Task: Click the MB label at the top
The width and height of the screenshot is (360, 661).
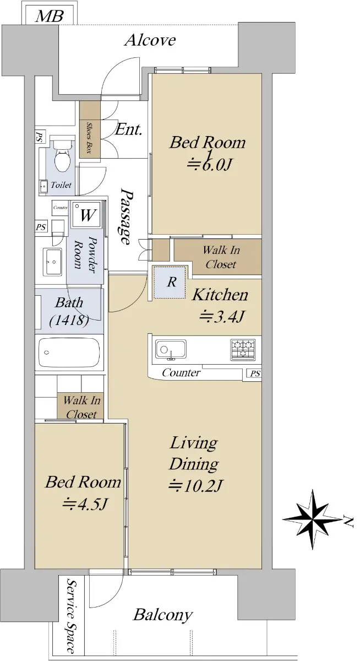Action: pyautogui.click(x=49, y=16)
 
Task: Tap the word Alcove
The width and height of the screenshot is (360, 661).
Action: pyautogui.click(x=150, y=40)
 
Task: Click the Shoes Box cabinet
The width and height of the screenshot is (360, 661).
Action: pyautogui.click(x=90, y=130)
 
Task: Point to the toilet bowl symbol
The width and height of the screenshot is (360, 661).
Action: pyautogui.click(x=63, y=156)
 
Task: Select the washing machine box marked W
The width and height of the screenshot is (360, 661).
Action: pyautogui.click(x=86, y=214)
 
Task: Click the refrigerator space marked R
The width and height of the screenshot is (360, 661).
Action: pyautogui.click(x=171, y=283)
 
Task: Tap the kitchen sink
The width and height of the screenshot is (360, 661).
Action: pyautogui.click(x=171, y=349)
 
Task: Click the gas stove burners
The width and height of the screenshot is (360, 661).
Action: pyautogui.click(x=243, y=349)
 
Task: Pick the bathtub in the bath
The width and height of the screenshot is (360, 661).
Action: pyautogui.click(x=69, y=353)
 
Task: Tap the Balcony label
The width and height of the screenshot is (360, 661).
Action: pyautogui.click(x=163, y=614)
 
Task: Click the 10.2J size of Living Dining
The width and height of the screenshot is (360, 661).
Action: pyautogui.click(x=195, y=485)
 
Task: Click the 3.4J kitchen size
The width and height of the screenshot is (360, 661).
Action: pyautogui.click(x=222, y=316)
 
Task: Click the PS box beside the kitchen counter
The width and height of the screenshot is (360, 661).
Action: pyautogui.click(x=254, y=373)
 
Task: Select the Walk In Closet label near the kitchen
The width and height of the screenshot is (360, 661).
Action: pyautogui.click(x=221, y=257)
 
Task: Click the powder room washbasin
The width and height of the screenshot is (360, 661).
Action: pyautogui.click(x=53, y=262)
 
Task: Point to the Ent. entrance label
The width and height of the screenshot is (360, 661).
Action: pyautogui.click(x=129, y=129)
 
